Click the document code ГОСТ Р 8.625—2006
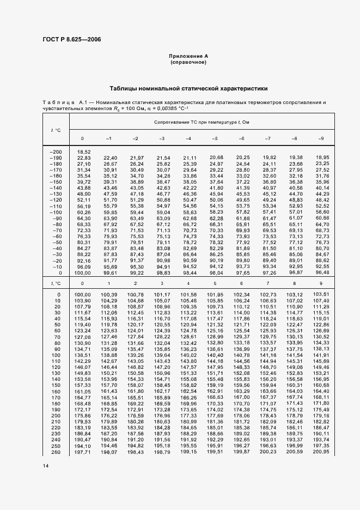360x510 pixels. [x=71, y=39]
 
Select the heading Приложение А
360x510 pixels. [x=188, y=56]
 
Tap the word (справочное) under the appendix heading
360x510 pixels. [x=188, y=63]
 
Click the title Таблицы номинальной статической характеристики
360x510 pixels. [x=188, y=88]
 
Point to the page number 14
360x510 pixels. [x=45, y=465]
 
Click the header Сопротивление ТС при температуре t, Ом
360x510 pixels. [x=202, y=123]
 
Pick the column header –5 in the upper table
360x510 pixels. [x=215, y=138]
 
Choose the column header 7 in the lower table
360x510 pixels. [x=267, y=283]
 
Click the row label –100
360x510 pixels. [x=56, y=211]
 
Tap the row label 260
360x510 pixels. [x=56, y=452]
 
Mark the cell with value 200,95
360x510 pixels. [x=321, y=452]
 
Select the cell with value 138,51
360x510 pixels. [x=82, y=355]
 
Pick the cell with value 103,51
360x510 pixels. [x=321, y=295]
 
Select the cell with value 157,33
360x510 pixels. [x=82, y=385]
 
